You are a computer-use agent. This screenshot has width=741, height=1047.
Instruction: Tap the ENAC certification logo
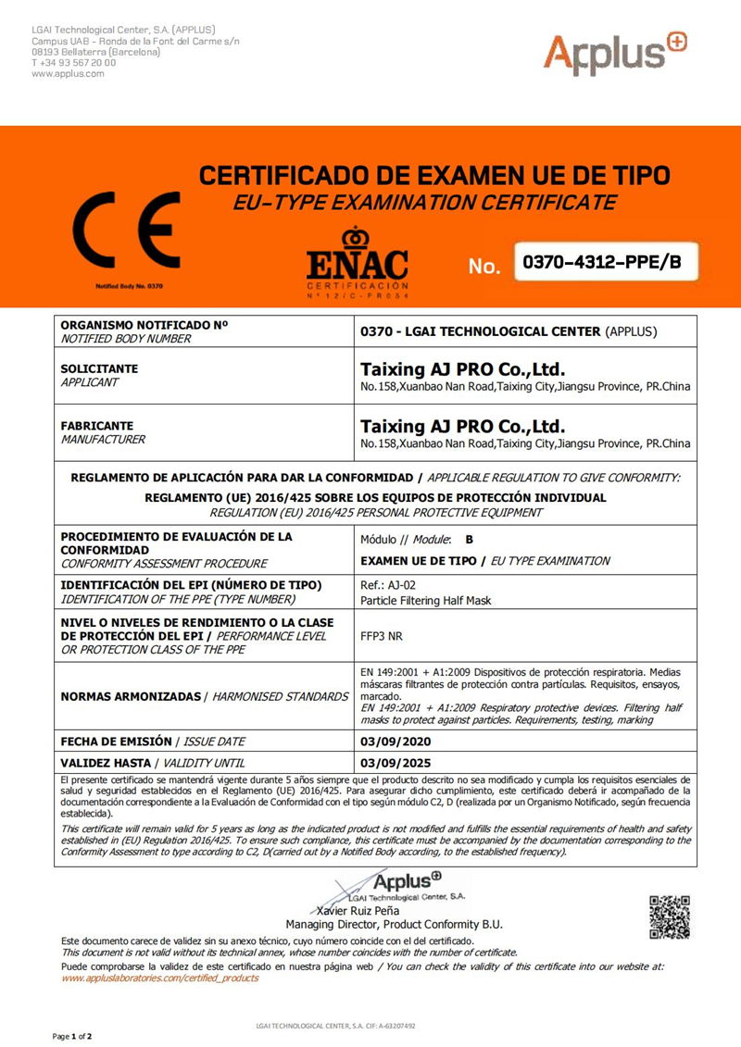[x=357, y=263]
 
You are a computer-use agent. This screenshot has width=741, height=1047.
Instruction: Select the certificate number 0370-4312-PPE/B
[x=602, y=263]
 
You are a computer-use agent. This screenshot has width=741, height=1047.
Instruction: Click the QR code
[x=670, y=916]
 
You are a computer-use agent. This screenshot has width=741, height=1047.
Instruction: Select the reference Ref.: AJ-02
[x=386, y=585]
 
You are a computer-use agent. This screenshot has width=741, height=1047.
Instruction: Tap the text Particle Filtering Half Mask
[x=425, y=600]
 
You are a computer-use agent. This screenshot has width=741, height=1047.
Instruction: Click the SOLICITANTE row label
[x=99, y=368]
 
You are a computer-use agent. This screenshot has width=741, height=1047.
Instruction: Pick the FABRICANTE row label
[x=96, y=427]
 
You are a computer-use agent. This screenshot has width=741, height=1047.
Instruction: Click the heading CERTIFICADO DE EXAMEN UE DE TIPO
[x=435, y=176]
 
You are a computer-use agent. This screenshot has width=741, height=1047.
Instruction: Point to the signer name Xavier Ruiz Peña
[x=361, y=910]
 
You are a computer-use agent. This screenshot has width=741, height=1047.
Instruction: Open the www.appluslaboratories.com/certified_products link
[x=160, y=978]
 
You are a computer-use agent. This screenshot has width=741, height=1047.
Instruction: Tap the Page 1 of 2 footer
[x=71, y=1035]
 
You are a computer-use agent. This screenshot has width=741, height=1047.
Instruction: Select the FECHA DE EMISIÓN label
[x=116, y=742]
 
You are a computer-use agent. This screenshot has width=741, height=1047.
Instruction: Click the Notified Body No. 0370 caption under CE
[x=129, y=286]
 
